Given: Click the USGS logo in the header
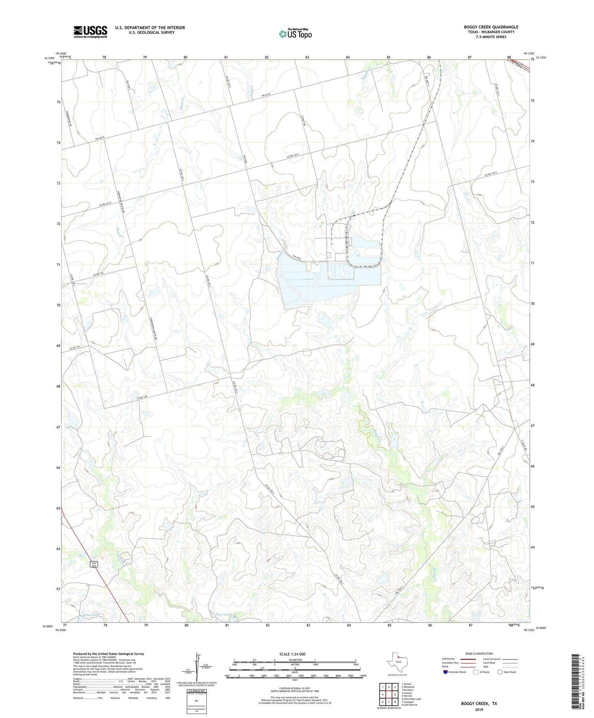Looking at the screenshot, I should (90, 32).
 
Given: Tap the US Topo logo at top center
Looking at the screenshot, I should (295, 34).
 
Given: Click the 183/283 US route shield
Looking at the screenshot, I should (93, 564).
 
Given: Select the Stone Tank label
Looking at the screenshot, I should (91, 615).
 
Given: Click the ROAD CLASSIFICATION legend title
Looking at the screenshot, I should (479, 653).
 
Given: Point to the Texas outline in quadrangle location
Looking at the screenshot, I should (396, 661).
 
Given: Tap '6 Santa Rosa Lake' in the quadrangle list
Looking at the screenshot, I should (411, 699).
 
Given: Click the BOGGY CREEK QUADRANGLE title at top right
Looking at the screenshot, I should (491, 27).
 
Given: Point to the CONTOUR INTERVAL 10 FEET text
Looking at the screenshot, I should (295, 688).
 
